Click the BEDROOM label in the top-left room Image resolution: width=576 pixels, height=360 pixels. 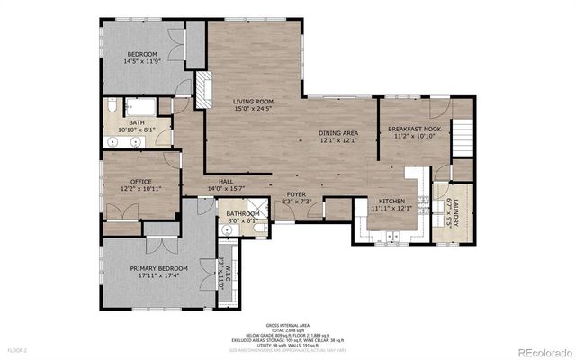[140, 53]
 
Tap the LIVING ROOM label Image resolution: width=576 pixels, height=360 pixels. [253, 102]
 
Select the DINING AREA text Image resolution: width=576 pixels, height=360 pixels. [338, 133]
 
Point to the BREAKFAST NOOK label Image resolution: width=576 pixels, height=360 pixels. [414, 129]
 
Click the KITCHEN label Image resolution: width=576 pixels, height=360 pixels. [391, 201]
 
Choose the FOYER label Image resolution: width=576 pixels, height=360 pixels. [296, 194]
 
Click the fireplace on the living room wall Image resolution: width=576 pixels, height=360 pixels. [202, 90]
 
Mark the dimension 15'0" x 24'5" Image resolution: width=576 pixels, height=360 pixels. [253, 110]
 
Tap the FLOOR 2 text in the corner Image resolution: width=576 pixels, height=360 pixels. [18, 349]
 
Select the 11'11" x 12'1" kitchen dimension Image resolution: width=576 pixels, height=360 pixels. [391, 208]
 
